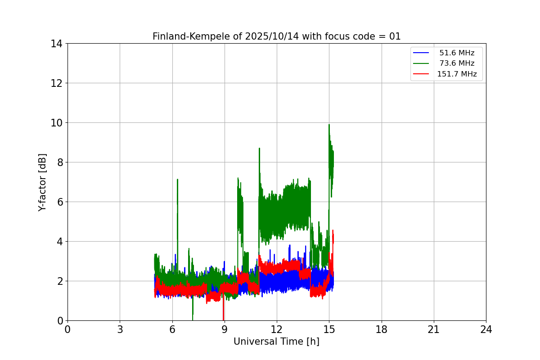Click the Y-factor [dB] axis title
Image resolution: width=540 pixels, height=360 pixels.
point(42,182)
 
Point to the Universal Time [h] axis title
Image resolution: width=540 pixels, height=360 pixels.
point(276,342)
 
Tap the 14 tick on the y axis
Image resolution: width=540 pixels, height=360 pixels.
point(56,44)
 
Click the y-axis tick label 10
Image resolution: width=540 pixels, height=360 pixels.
point(56,123)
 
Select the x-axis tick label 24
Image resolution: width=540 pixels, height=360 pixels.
point(486,329)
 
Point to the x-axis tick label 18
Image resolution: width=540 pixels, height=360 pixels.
point(382,329)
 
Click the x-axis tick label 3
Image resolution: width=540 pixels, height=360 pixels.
point(120,329)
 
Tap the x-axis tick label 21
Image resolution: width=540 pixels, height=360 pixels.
point(434,329)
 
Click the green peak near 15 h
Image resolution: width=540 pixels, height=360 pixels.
point(329,125)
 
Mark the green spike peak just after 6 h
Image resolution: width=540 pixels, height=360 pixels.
point(177,180)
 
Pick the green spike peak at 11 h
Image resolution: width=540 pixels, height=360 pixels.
point(259,148)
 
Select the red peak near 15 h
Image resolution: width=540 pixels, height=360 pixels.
point(333,230)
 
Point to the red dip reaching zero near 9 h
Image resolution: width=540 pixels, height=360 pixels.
point(223,319)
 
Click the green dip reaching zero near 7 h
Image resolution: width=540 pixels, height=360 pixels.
point(193,319)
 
